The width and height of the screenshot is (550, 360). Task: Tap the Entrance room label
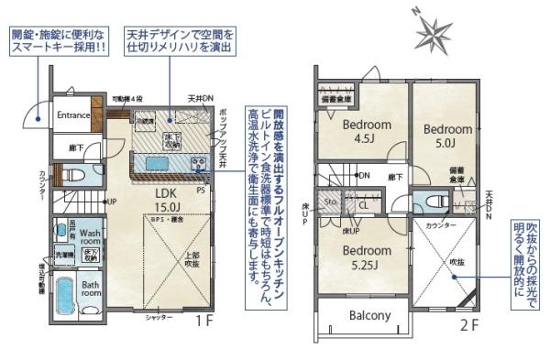73,115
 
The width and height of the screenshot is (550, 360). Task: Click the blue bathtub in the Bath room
63,296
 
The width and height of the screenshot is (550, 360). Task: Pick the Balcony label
369,316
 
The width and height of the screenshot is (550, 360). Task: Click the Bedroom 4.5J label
367,132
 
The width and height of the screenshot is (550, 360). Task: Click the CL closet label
364,206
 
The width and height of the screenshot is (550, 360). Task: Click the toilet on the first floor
77,173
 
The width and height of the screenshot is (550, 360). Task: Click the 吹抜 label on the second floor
456,262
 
